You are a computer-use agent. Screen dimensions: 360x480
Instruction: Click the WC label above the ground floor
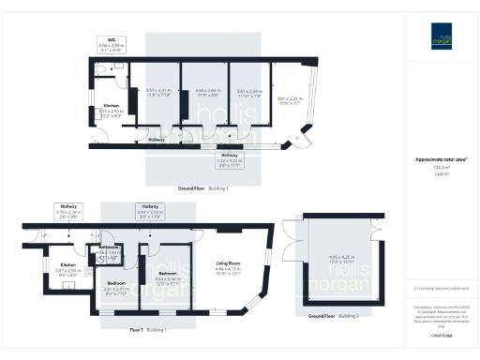[x=111, y=40]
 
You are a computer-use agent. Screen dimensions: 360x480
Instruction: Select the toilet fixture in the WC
[x=98, y=68]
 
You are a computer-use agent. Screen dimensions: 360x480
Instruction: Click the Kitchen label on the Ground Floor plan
[x=111, y=106]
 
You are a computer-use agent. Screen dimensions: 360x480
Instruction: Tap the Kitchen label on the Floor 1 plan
[x=67, y=265]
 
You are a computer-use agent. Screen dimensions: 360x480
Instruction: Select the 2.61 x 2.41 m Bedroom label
[x=116, y=285]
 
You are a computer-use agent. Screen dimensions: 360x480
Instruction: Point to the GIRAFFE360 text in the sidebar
[x=441, y=334]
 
